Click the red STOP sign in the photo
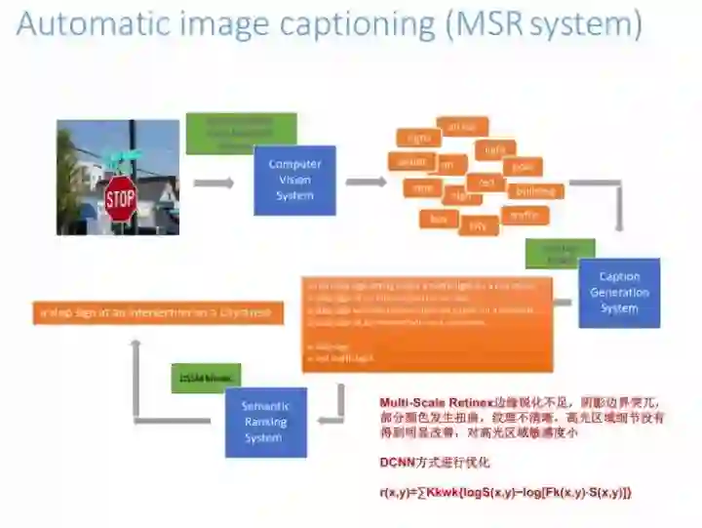pyautogui.click(x=120, y=199)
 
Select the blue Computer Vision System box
pyautogui.click(x=294, y=181)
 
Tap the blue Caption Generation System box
pyautogui.click(x=619, y=292)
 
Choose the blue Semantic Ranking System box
pyautogui.click(x=265, y=423)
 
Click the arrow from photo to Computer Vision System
pyautogui.click(x=214, y=183)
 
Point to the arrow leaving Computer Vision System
pyautogui.click(x=366, y=182)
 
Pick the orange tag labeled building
pyautogui.click(x=534, y=191)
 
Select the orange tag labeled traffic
pyautogui.click(x=525, y=215)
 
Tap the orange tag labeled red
pyautogui.click(x=485, y=183)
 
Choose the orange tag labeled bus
pyautogui.click(x=439, y=220)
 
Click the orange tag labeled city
pyautogui.click(x=478, y=226)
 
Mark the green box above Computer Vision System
pyautogui.click(x=241, y=133)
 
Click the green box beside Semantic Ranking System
pyautogui.click(x=205, y=378)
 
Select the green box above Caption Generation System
pyautogui.click(x=560, y=254)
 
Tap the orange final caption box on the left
pyautogui.click(x=158, y=312)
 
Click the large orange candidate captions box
pyautogui.click(x=427, y=324)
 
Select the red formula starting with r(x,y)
pyautogui.click(x=505, y=492)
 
